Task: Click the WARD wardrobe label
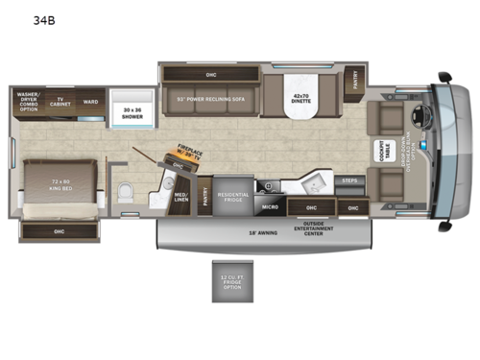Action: point(89,101)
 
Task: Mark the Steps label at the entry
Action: point(349,180)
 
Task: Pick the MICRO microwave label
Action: point(270,205)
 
